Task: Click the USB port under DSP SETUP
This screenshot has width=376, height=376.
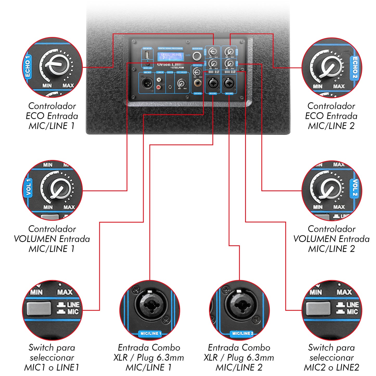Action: click(148, 56)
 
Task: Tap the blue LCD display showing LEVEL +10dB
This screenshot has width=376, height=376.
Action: click(170, 56)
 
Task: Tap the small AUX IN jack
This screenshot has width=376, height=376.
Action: click(170, 87)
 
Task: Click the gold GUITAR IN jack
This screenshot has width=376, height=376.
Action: click(197, 83)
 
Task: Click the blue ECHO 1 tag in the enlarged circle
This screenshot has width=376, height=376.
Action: click(28, 66)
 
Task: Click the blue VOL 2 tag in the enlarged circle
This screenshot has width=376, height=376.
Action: click(355, 187)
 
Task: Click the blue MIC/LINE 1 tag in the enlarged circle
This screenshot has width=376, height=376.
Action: click(151, 333)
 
